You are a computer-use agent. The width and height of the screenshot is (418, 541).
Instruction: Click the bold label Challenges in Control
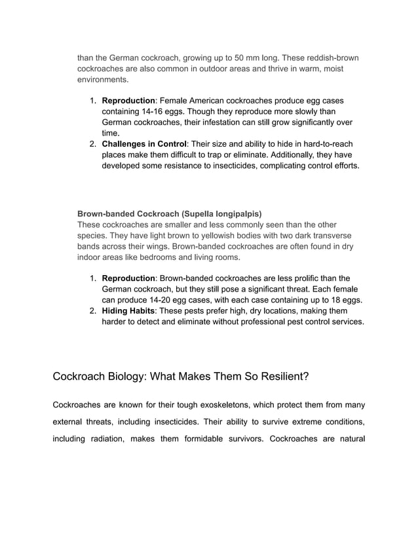[x=144, y=143]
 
